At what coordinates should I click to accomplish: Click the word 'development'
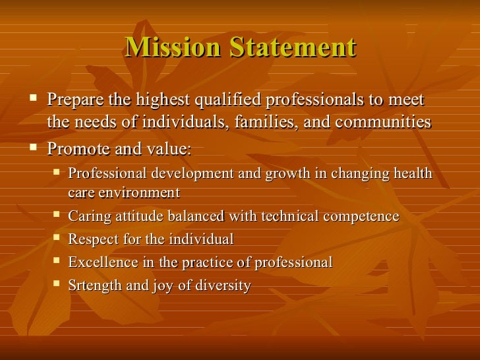click(x=191, y=173)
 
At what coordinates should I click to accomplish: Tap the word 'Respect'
click(x=93, y=239)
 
